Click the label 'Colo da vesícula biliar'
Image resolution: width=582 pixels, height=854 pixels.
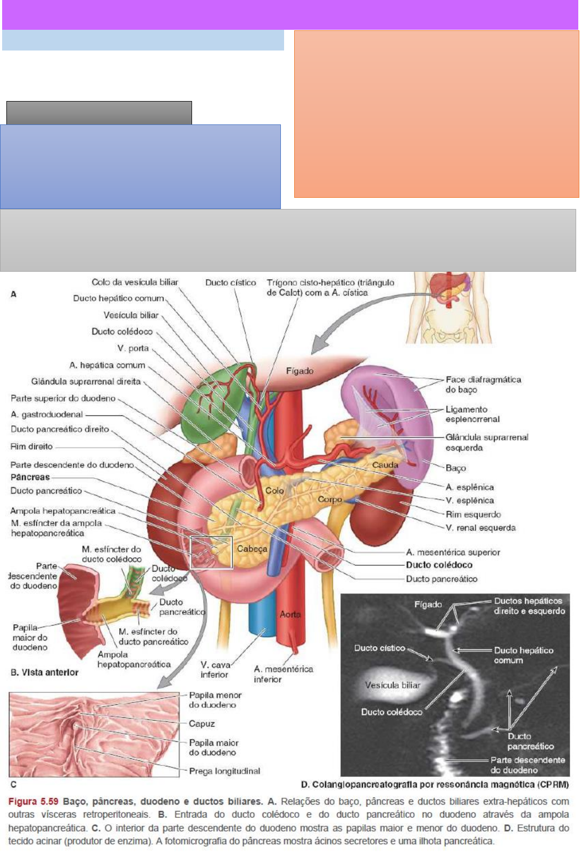135,282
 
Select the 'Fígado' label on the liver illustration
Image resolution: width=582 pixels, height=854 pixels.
300,371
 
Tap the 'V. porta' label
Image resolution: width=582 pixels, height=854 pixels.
133,348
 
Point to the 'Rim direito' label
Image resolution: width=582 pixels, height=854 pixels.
32,447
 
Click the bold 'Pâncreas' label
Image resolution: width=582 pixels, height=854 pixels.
30,478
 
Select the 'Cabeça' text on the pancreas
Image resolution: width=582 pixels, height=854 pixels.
252,549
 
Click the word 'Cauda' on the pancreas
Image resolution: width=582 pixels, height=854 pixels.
385,465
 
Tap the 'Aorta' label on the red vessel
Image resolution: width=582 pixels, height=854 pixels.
290,614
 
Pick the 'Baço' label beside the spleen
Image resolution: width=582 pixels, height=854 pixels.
456,468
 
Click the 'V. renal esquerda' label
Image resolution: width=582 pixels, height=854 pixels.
480,528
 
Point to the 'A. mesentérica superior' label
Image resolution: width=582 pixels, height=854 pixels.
453,552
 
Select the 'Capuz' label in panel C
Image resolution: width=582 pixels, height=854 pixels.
202,724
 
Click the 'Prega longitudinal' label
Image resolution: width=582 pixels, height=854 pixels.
225,771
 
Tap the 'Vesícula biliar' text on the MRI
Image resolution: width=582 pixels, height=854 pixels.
393,685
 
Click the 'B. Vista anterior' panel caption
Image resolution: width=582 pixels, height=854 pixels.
45,672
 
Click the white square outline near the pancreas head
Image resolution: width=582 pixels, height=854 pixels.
211,537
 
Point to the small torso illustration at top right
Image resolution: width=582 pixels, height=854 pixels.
448,307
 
